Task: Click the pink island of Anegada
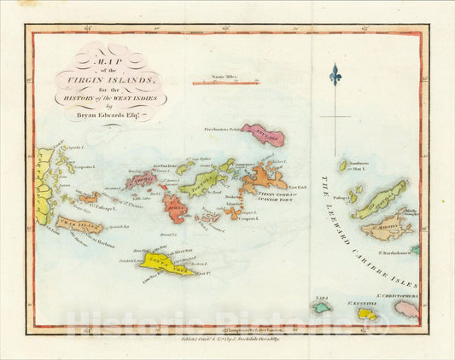pos(262,135)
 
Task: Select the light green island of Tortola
pos(203,182)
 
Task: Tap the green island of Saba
pos(322,306)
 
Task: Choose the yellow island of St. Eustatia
pos(365,313)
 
